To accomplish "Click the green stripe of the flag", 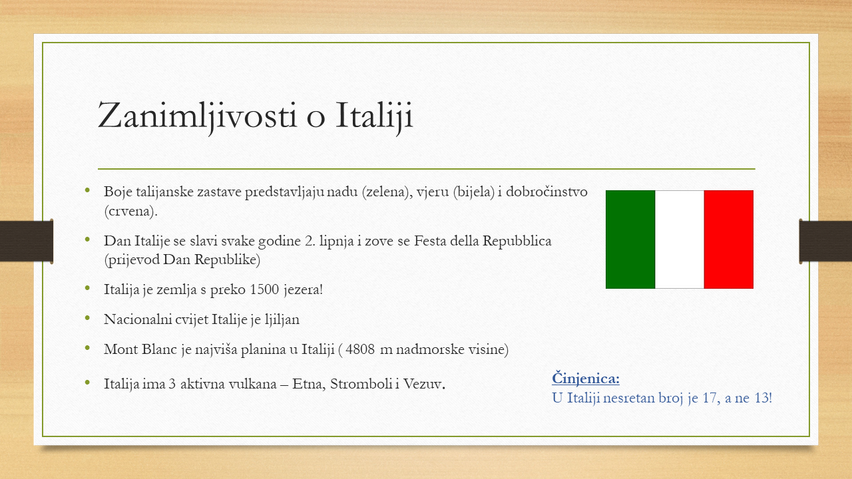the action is coord(630,239).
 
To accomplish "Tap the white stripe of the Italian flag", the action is coord(680,239).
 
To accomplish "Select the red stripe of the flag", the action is coord(729,239).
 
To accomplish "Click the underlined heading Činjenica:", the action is coord(586,379).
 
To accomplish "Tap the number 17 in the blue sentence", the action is coord(710,398).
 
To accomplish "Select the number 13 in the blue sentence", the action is coord(762,398).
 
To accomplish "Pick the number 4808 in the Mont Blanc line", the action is coord(360,349).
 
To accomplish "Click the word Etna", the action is coord(309,385).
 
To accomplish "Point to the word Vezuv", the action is coord(424,385).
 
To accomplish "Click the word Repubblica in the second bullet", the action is coord(517,241).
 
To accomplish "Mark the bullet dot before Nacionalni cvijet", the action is coord(87,318).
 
